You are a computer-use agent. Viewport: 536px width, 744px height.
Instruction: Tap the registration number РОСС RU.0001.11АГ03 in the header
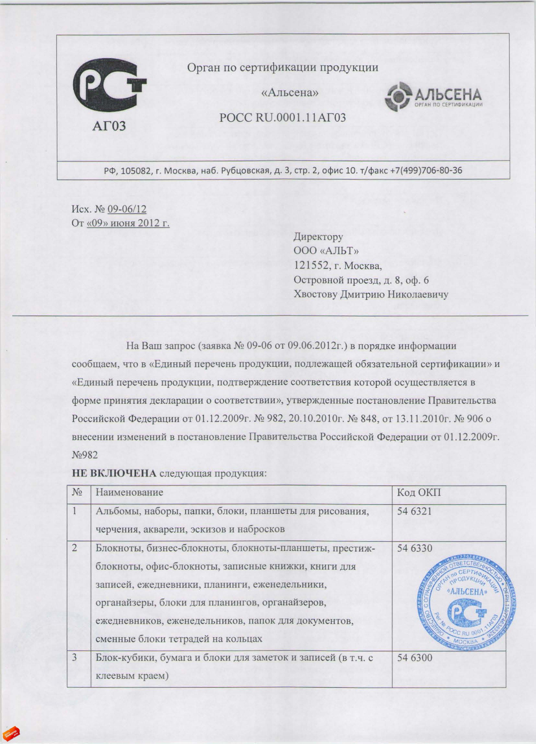(283, 117)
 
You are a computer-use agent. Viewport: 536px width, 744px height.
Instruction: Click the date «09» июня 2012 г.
(128, 223)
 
